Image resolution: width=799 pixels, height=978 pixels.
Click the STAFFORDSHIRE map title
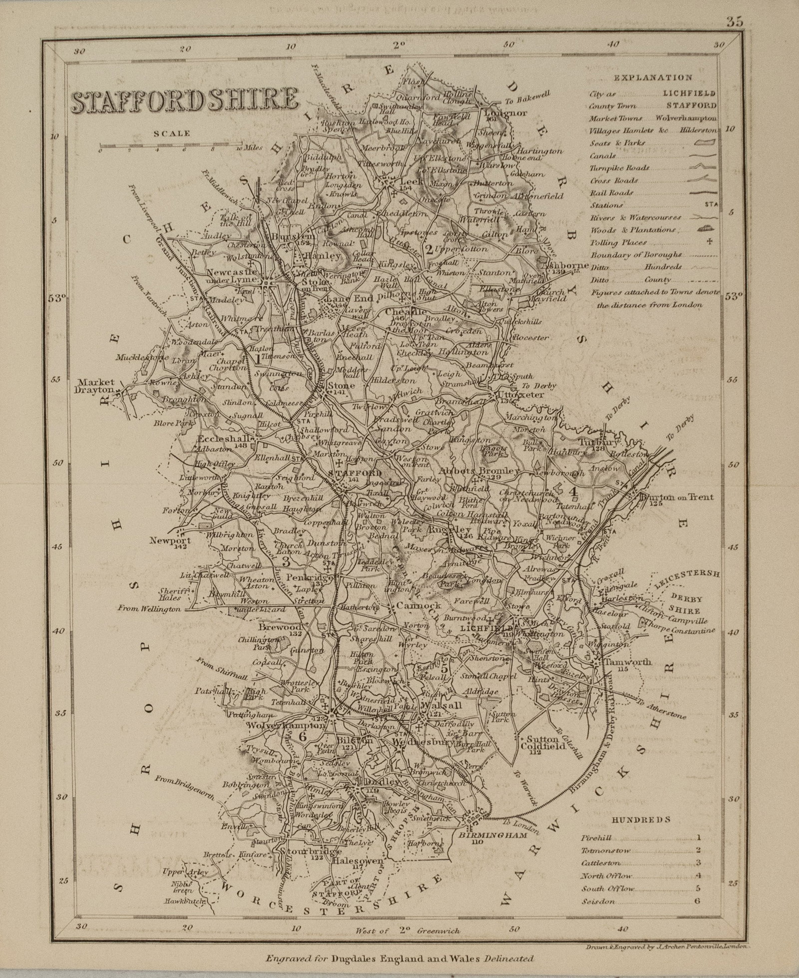coord(185,100)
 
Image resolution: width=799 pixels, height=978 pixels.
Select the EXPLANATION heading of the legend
coord(653,78)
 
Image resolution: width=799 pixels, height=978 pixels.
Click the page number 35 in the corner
coord(735,21)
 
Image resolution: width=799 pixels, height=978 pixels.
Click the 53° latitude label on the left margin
coord(58,298)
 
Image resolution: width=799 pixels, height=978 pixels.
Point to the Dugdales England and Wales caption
coord(399,958)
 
